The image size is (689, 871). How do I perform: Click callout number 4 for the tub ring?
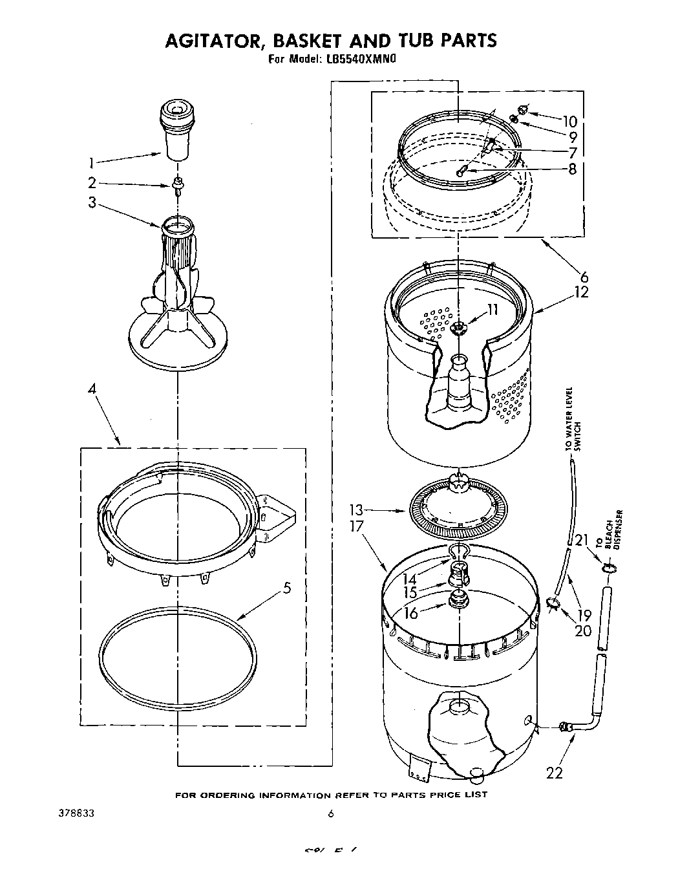click(x=92, y=390)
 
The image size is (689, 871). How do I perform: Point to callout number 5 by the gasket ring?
click(x=286, y=588)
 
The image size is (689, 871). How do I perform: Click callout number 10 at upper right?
click(x=569, y=121)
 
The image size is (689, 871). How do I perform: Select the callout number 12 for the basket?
click(x=581, y=292)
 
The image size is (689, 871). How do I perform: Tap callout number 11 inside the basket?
click(x=493, y=310)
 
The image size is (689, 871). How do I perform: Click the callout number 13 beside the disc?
click(x=356, y=510)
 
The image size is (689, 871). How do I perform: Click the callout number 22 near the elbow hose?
click(x=555, y=772)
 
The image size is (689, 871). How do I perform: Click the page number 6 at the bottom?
click(x=330, y=815)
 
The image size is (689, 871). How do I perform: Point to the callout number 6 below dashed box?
click(x=584, y=277)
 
